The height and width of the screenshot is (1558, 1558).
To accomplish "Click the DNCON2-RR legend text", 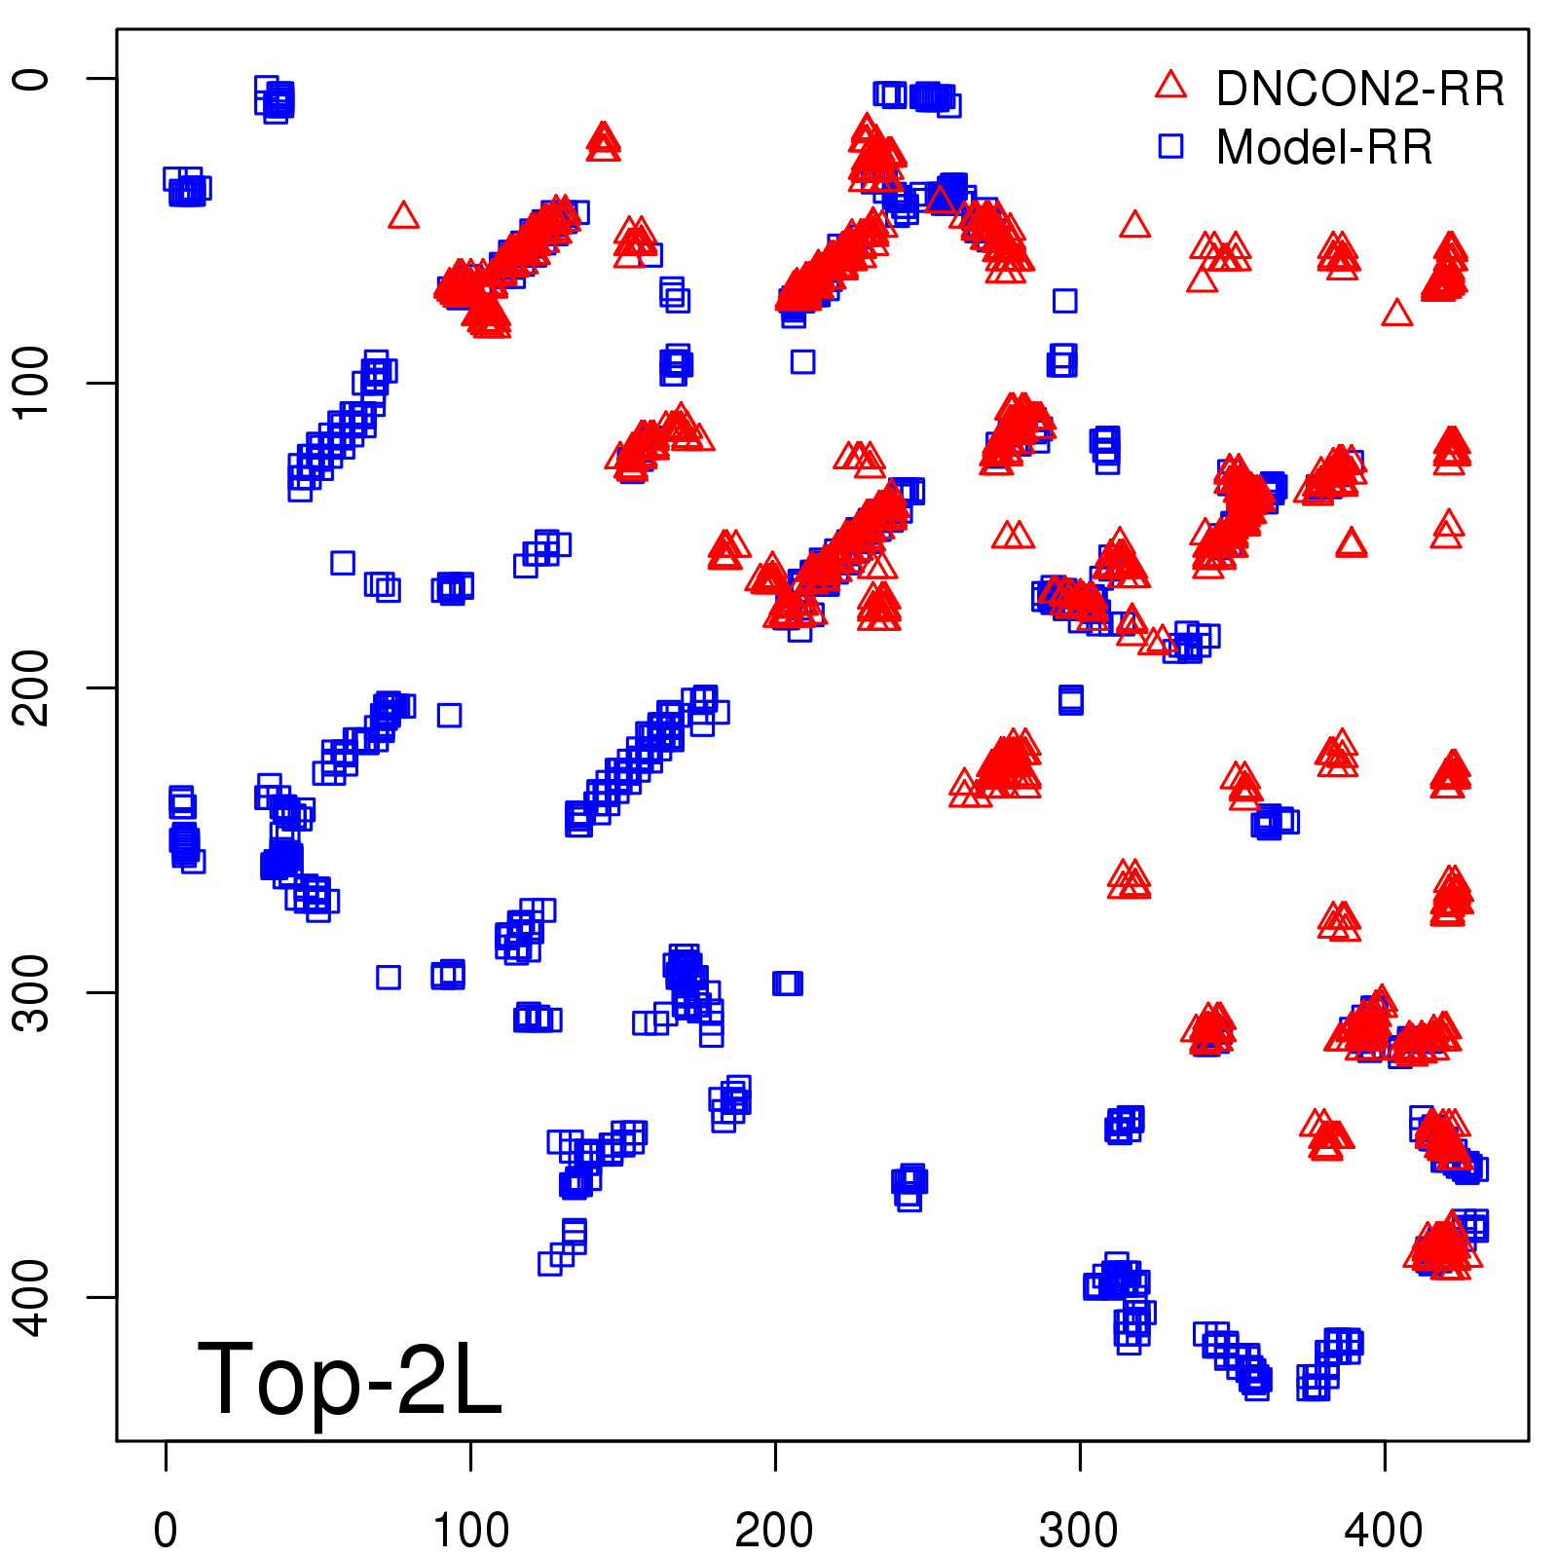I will point(1359,89).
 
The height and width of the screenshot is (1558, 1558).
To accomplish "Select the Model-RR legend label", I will point(1324,147).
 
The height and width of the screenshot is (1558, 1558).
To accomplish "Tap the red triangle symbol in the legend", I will point(1170,86).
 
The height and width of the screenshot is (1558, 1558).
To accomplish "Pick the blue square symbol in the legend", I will point(1170,146).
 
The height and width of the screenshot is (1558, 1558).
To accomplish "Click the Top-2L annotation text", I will point(350,1378).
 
